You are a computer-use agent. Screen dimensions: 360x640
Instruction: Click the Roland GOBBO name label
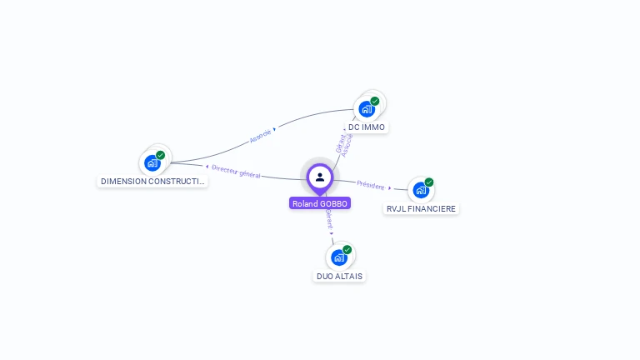point(320,203)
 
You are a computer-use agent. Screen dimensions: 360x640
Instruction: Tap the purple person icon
point(320,177)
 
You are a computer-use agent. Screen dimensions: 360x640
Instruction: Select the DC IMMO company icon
point(366,109)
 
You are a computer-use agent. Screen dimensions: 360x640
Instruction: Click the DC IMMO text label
point(367,127)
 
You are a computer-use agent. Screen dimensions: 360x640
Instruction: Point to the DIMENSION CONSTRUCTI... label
point(152,181)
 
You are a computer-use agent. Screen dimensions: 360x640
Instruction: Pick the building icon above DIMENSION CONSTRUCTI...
point(152,163)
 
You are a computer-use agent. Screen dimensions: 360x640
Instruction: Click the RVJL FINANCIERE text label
point(421,208)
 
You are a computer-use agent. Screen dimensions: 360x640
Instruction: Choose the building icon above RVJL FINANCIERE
point(420,191)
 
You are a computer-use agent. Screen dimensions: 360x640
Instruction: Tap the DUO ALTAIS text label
point(339,276)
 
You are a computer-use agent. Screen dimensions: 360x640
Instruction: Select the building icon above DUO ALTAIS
point(338,257)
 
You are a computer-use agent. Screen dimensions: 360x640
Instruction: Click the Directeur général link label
point(236,171)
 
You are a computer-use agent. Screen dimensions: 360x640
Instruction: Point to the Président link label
point(371,185)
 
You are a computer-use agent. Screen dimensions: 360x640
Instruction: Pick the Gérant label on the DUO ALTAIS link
point(328,219)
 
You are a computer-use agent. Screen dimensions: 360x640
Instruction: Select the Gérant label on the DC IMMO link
point(340,142)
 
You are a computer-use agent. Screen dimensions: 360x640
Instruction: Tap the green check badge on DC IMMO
point(375,101)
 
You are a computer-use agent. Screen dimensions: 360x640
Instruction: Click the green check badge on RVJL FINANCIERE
point(429,182)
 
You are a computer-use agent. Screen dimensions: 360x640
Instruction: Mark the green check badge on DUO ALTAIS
point(347,249)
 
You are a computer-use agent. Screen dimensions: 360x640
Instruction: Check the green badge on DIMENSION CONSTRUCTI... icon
point(161,155)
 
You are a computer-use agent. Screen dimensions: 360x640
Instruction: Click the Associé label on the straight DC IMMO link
point(348,145)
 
